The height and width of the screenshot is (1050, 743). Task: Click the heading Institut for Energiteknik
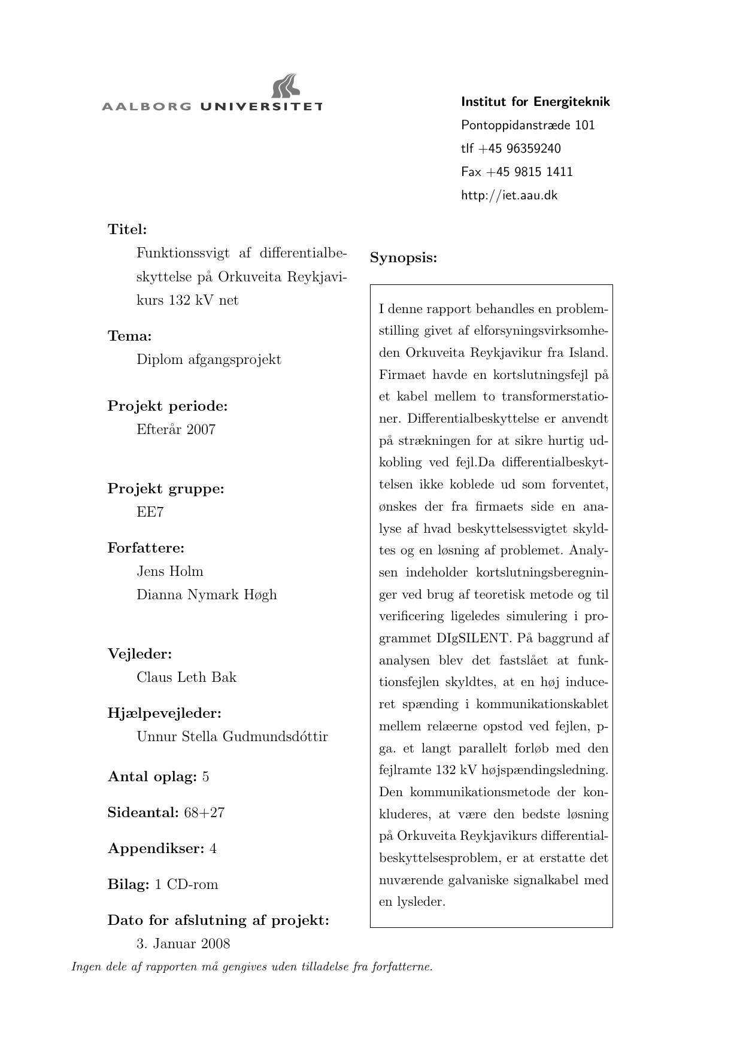(535, 102)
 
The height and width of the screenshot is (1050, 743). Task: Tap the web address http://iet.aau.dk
(509, 195)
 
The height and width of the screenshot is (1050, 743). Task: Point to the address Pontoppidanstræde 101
(527, 125)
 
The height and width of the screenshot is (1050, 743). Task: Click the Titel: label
(127, 229)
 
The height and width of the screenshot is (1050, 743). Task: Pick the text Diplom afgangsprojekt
(208, 359)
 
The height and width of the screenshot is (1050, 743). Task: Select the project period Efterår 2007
(176, 429)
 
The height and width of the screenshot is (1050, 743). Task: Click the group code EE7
(150, 512)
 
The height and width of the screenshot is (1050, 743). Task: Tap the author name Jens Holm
(170, 571)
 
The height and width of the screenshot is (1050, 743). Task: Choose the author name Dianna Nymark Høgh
(207, 594)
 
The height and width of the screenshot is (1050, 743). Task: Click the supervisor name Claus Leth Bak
(186, 677)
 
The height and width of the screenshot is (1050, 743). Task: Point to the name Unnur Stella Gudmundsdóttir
(232, 736)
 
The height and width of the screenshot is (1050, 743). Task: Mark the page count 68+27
(204, 812)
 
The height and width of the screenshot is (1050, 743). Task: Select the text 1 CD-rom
(186, 884)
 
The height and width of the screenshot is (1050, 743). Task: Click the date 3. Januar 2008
(183, 943)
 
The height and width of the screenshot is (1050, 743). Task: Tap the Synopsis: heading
(404, 258)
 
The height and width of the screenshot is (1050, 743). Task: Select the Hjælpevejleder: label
(165, 713)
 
